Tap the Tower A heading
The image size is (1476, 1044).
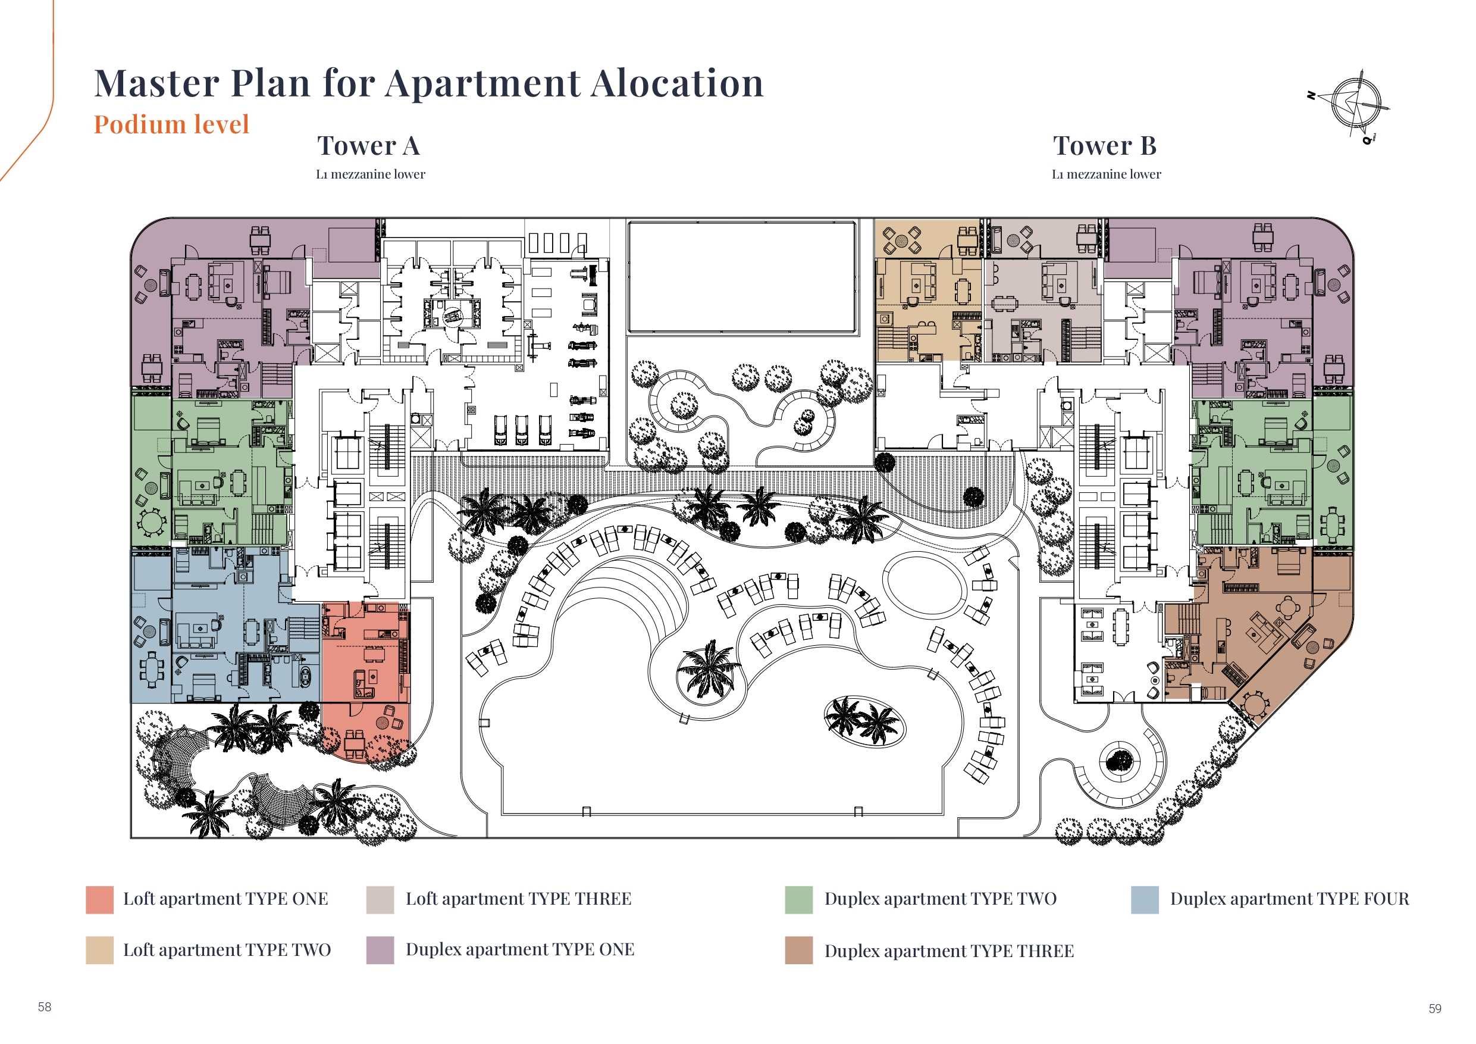[368, 146]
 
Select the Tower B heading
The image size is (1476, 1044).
[1104, 146]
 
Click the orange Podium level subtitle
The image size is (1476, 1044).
[171, 124]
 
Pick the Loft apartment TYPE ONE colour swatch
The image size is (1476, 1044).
[99, 899]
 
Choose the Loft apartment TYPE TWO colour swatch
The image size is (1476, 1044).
[99, 950]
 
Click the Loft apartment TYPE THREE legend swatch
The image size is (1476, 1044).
[380, 899]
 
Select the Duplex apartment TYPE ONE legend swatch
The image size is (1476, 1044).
[380, 950]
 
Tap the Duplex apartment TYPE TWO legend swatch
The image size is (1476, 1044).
[798, 899]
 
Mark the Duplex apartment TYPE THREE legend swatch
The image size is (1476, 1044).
[798, 950]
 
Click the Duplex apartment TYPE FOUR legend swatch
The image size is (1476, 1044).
[1145, 899]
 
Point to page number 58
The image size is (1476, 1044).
[45, 1007]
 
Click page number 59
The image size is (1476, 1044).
[1435, 1009]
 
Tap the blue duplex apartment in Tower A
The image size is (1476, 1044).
[225, 627]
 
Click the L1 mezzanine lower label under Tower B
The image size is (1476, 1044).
[1107, 174]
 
